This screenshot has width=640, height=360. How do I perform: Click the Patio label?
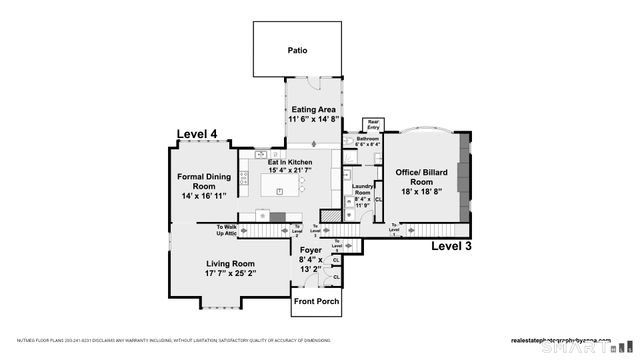(x=297, y=50)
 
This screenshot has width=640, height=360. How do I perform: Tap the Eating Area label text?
(x=312, y=109)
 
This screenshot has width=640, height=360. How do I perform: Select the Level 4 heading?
(x=197, y=133)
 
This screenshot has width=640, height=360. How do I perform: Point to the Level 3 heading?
(x=452, y=245)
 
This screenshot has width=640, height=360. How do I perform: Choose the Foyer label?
(x=311, y=252)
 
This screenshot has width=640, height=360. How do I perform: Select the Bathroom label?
(x=368, y=138)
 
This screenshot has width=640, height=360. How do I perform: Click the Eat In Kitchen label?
(x=289, y=162)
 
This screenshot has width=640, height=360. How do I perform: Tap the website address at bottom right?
(x=561, y=338)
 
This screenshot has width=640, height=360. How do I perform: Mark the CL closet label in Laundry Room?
(x=378, y=199)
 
